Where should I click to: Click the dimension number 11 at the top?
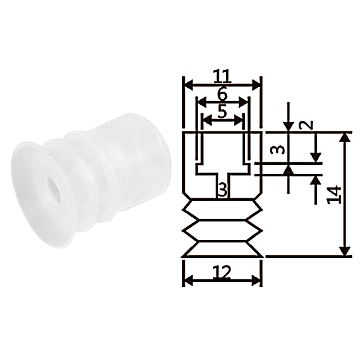click(222, 76)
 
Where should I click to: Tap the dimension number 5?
click(222, 112)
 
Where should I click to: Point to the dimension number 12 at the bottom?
click(221, 272)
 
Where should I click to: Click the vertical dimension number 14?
click(334, 195)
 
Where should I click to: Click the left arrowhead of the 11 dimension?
click(189, 85)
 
